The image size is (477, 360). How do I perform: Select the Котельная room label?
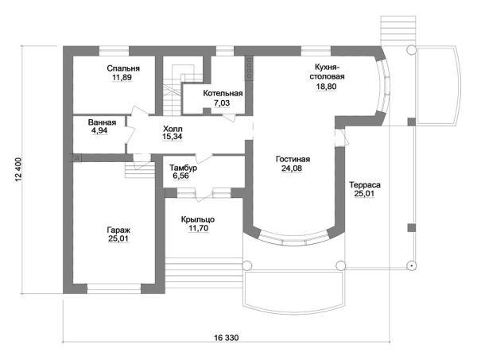coord(223,94)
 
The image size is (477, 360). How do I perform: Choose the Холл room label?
coord(173,128)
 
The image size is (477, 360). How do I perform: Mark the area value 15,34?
coord(173,137)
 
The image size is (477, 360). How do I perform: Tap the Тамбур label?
coord(184,168)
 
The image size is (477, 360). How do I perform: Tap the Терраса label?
coord(365,185)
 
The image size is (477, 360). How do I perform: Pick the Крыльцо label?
coord(196,219)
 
